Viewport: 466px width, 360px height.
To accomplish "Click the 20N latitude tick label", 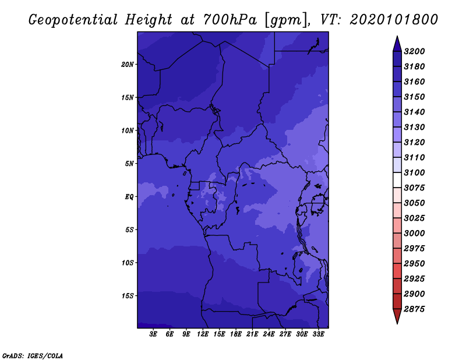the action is point(127,65).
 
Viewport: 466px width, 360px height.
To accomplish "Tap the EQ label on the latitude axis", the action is point(129,197).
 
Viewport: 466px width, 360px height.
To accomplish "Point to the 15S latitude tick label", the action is point(128,296).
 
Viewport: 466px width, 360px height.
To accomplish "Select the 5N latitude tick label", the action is point(129,164).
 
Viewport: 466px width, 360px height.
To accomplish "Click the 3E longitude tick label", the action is point(153,334).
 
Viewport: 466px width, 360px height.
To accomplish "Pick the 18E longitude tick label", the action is point(236,334).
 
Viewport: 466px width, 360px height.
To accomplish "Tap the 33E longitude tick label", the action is point(318,334).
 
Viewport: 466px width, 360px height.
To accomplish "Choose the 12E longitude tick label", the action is point(203,334).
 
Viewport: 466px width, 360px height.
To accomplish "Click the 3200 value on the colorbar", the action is point(414,51).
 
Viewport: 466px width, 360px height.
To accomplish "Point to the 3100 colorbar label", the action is point(414,172).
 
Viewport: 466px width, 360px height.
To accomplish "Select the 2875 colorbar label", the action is point(414,309).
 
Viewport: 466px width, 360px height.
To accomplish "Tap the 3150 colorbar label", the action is point(414,97).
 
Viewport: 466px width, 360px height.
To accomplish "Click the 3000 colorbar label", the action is point(414,233).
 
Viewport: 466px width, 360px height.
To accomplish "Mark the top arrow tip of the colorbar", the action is point(397,36).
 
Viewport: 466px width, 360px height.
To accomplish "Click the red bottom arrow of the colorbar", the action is point(397,316).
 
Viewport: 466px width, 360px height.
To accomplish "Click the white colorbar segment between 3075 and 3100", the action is point(397,180).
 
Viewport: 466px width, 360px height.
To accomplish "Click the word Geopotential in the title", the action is point(73,20).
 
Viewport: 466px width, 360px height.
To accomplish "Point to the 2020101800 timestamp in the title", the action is point(394,20).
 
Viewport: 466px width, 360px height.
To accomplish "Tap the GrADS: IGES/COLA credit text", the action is point(33,355).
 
